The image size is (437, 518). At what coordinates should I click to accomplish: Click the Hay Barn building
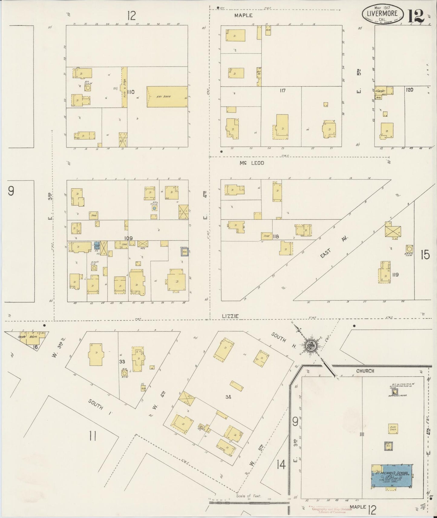point(167,97)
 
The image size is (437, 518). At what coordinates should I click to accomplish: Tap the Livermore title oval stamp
point(383,14)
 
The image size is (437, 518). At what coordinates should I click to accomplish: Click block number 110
point(131,92)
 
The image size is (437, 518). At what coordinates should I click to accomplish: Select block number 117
point(282,90)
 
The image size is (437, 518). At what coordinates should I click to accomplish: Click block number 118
point(275,236)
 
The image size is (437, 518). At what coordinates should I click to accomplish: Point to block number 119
point(395,275)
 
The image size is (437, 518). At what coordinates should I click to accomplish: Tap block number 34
point(228,397)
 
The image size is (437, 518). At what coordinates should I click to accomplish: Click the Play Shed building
point(393,429)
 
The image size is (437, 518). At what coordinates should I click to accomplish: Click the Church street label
point(365,371)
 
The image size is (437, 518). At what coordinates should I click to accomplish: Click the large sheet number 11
point(93,436)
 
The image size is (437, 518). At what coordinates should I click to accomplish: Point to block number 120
point(409,90)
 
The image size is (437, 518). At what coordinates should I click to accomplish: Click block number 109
point(129,238)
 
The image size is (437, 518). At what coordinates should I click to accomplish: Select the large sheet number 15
point(425,255)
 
